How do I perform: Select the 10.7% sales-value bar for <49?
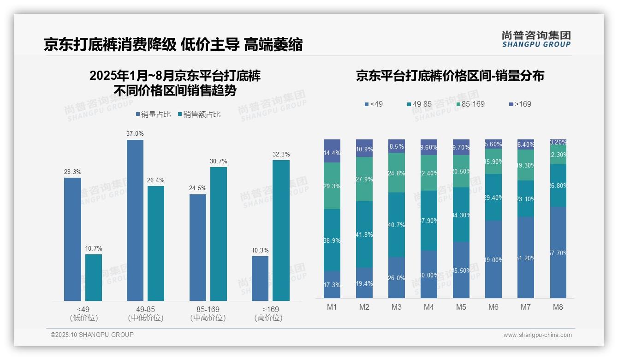(x=94, y=277)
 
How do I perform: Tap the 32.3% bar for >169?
(x=281, y=230)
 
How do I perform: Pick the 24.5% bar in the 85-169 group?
(x=198, y=247)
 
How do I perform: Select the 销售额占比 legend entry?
(x=199, y=114)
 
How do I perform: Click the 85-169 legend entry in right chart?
(x=470, y=104)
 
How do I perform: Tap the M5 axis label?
(x=461, y=307)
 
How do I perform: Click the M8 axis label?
(x=558, y=307)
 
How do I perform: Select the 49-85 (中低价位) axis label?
(x=146, y=313)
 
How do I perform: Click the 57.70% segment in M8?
(x=558, y=252)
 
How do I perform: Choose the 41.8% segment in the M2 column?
(x=364, y=234)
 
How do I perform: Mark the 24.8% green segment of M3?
(x=397, y=173)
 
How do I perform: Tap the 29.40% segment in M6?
(x=493, y=197)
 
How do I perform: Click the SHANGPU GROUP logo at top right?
(x=536, y=39)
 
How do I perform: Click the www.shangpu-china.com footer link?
(x=537, y=335)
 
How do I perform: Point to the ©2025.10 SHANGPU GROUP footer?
(x=92, y=335)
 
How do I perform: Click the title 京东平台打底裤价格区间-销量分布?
(x=450, y=76)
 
